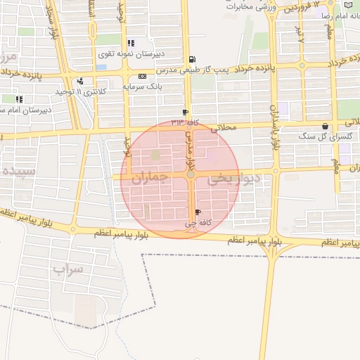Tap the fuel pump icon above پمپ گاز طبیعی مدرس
coord(193,60)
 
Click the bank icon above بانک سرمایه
coord(143,76)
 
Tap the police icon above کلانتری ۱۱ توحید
coord(82,81)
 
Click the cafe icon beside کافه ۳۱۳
coord(185,112)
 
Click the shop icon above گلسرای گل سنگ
coord(325,127)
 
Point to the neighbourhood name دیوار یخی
coord(234,179)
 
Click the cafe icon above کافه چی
coord(198,212)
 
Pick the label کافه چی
coord(198,222)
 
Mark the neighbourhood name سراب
coord(67,269)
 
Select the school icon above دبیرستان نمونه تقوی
coord(131,43)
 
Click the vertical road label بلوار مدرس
coord(188,141)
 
